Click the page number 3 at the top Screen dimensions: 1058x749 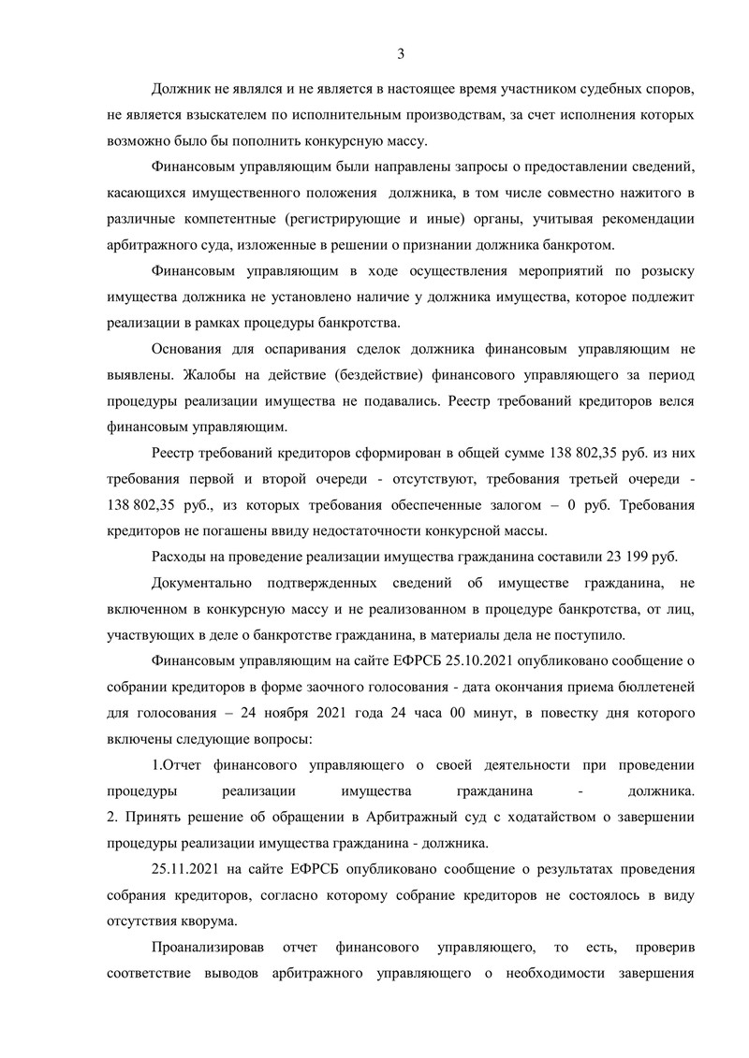pos(400,53)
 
